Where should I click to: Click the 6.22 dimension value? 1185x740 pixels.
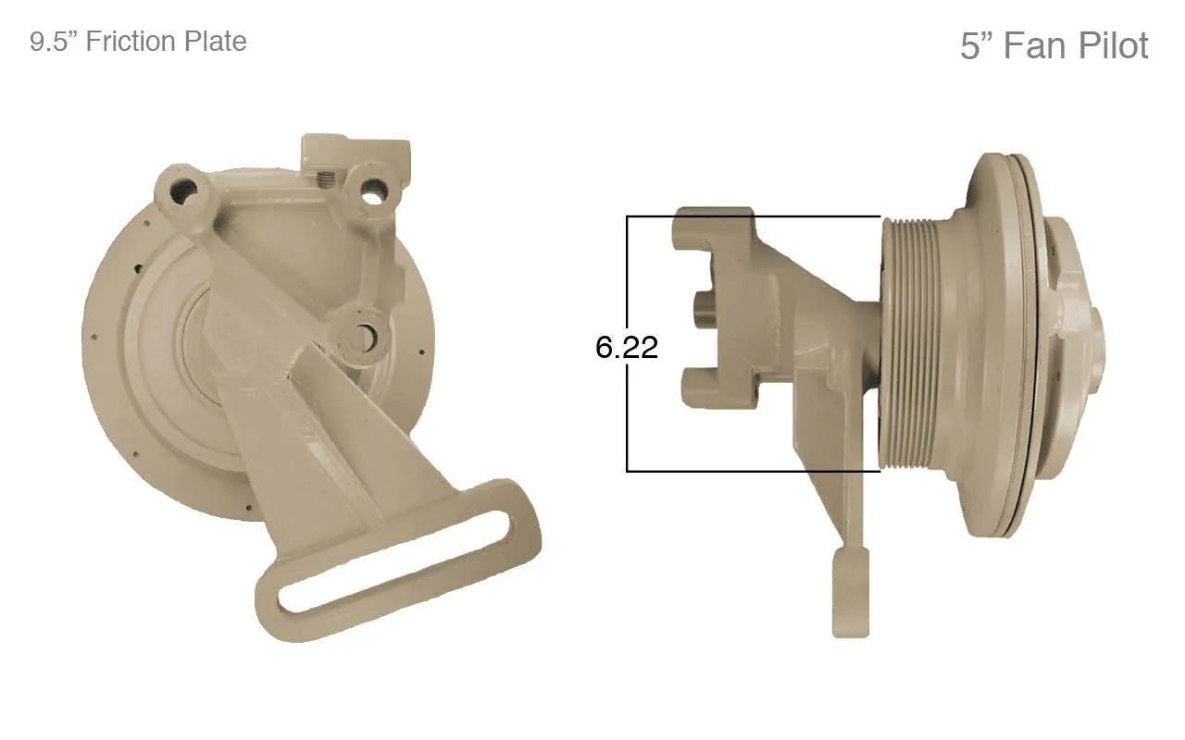pos(627,347)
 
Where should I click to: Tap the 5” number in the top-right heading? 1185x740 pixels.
pos(977,45)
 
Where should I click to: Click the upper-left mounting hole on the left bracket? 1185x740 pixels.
pos(183,191)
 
